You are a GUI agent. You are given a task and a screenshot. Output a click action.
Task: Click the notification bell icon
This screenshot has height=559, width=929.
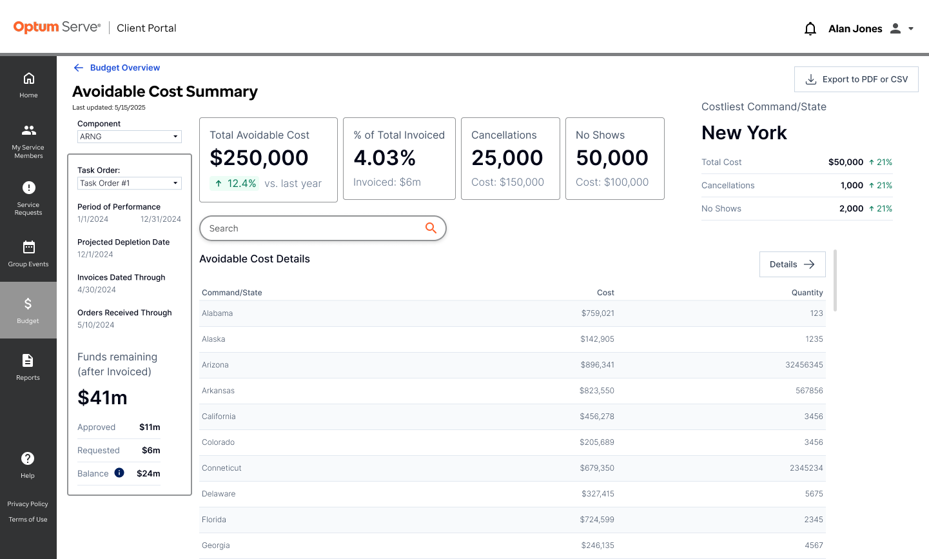810,28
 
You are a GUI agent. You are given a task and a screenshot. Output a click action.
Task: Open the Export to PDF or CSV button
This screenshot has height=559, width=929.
856,79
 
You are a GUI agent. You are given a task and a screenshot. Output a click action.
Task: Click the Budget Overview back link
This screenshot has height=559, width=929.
117,68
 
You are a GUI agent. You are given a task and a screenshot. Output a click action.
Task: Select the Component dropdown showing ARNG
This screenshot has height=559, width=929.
130,137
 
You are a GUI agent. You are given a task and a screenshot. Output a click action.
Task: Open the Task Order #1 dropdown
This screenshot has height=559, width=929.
130,183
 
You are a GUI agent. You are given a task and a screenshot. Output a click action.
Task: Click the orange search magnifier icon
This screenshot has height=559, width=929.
431,228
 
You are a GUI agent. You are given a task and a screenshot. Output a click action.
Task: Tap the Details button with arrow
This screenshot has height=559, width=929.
792,264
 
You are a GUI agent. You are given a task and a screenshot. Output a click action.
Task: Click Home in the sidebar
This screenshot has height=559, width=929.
28,85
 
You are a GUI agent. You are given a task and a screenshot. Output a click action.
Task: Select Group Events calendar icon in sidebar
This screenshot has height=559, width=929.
28,247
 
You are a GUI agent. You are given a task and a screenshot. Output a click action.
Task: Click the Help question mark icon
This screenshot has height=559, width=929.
28,458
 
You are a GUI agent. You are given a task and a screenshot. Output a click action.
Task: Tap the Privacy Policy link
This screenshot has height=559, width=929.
28,504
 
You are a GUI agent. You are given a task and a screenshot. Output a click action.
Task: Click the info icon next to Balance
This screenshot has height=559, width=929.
119,473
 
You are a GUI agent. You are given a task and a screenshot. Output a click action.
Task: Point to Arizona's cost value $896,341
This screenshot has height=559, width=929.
597,364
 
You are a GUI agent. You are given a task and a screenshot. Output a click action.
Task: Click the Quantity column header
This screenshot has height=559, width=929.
807,292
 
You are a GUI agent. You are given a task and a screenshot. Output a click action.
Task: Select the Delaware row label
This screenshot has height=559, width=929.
219,493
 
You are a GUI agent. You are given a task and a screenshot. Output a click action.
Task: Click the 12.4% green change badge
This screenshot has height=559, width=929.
234,183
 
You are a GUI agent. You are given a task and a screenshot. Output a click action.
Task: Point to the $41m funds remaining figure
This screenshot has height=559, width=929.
103,397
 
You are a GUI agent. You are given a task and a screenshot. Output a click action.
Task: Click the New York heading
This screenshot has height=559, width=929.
744,133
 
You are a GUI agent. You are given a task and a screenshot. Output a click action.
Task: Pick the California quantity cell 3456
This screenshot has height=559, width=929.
814,417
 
